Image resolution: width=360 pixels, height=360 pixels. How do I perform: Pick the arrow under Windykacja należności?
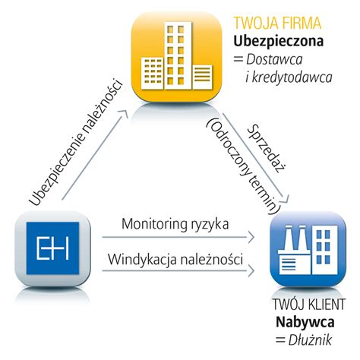click(182, 271)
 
